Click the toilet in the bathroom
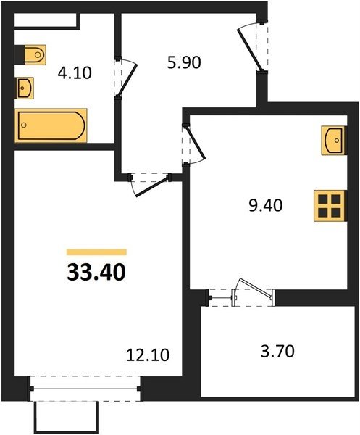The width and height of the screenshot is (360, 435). pos(35,54)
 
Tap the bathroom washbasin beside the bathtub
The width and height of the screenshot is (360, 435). pos(25,88)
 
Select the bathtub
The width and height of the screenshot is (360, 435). pos(51,125)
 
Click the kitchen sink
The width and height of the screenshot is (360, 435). pos(333,140)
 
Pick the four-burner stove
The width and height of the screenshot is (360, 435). pos(330,206)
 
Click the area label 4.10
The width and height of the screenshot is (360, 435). pos(75,73)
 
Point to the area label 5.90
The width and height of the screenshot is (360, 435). pos(184,62)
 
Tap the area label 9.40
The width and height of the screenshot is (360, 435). pos(266,206)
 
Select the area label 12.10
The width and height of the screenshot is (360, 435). pos(148,355)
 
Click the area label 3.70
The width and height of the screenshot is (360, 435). pos(277,351)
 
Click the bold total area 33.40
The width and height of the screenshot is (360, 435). pos(96,272)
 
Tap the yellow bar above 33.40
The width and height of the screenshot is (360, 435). pos(96,252)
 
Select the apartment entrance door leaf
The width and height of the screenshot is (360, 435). pos(249,49)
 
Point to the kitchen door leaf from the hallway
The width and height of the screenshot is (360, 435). pos(196,143)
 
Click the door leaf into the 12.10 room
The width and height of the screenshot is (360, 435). pos(153,186)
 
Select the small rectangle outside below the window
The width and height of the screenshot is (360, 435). pos(67,417)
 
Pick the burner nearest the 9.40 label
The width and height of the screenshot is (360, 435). pos(323,212)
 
